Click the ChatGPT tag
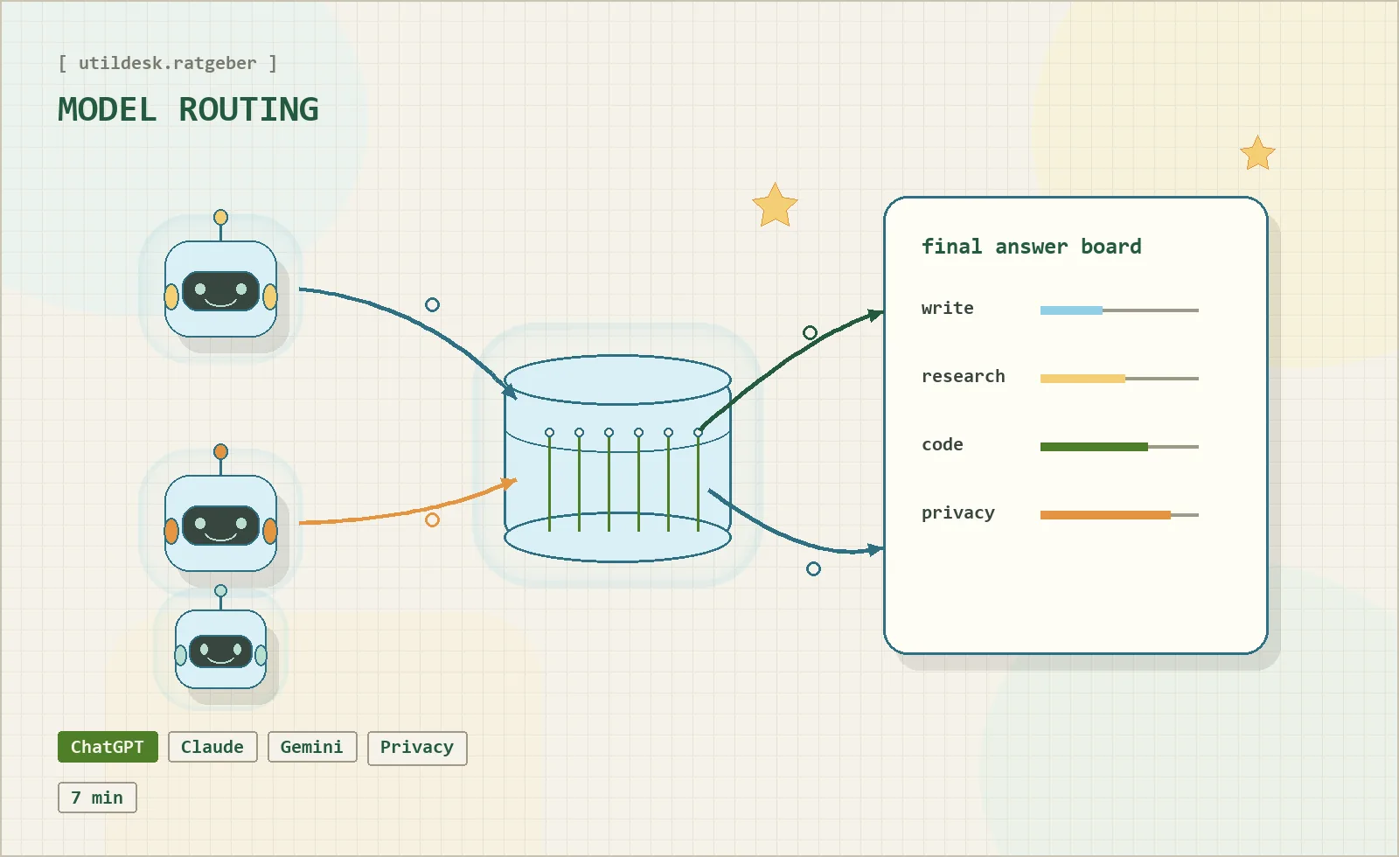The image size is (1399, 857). (x=108, y=747)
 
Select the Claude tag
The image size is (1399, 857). (x=212, y=747)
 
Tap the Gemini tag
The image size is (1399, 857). (x=312, y=747)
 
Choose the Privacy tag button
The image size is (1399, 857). (x=417, y=748)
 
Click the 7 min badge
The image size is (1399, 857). (x=97, y=798)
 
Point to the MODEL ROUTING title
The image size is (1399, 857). (x=188, y=110)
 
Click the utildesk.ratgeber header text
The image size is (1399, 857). (x=167, y=63)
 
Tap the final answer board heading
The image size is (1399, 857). (x=1031, y=247)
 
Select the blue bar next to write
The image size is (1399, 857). (x=1071, y=310)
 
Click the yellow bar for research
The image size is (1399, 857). (x=1082, y=379)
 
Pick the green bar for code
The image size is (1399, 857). (x=1094, y=447)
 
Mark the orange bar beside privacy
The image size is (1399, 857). (x=1105, y=515)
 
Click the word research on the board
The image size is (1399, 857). (x=963, y=376)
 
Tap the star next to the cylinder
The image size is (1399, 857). (x=775, y=205)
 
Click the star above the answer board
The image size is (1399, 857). (x=1257, y=154)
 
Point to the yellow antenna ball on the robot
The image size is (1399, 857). (x=220, y=218)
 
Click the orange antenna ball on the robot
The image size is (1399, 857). (x=220, y=451)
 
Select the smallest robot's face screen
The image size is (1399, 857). (x=220, y=651)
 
